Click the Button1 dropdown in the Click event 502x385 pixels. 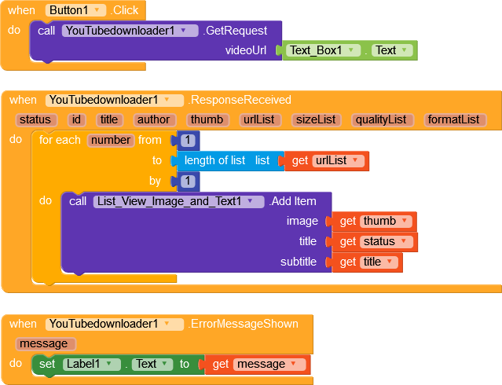click(76, 10)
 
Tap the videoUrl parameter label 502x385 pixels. click(246, 50)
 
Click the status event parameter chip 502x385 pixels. click(35, 119)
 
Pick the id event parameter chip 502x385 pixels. click(76, 119)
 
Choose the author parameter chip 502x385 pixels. click(155, 119)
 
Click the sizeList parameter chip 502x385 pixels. click(315, 119)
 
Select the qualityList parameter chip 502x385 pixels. click(381, 119)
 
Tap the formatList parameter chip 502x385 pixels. click(454, 119)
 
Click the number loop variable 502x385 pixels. click(110, 141)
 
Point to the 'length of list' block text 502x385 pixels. click(214, 160)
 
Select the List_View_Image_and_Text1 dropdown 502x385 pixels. click(178, 201)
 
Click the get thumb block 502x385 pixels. click(374, 222)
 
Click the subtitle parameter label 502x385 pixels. click(299, 262)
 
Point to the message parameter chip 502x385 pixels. click(46, 343)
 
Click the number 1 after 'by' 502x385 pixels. click(188, 181)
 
